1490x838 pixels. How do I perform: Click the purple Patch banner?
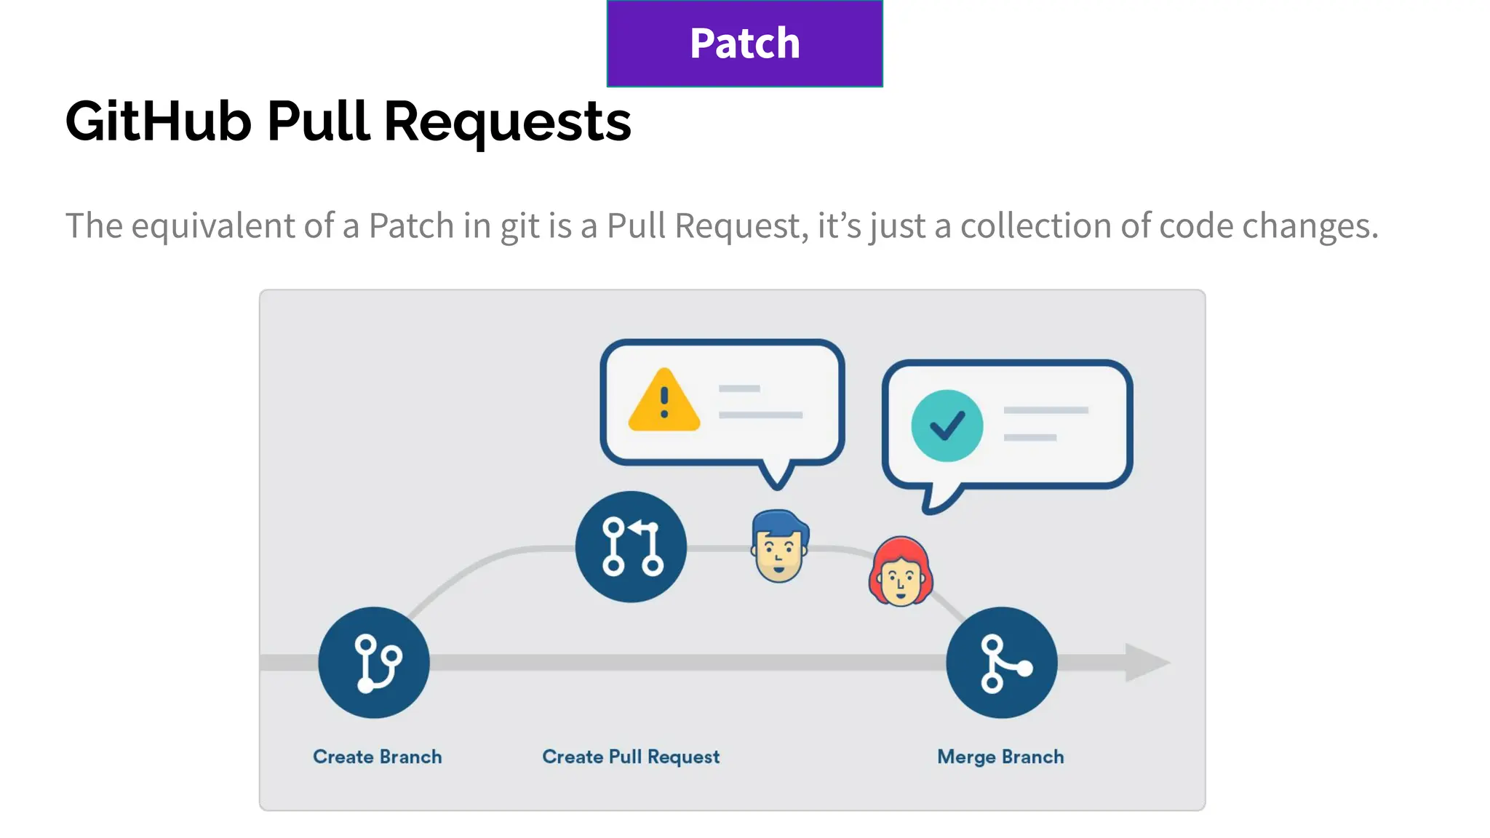point(744,43)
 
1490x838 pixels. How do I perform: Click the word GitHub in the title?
point(158,121)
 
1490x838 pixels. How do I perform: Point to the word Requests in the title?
point(507,122)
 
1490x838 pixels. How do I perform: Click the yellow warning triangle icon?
point(664,402)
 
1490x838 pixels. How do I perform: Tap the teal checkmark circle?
point(947,426)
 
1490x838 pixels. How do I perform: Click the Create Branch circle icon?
point(374,663)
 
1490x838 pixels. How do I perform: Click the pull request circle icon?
point(631,546)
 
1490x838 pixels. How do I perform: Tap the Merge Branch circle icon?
point(1002,663)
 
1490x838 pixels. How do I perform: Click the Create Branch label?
point(377,757)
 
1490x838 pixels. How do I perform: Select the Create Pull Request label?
point(631,757)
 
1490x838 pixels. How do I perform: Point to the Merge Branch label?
point(1000,757)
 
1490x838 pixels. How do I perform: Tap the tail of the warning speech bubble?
point(776,476)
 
